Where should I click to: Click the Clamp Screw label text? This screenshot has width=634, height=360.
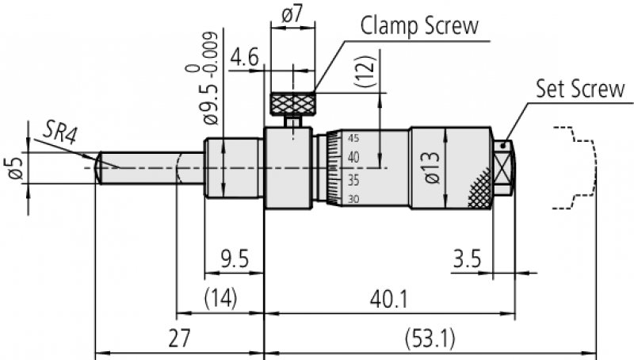click(420, 25)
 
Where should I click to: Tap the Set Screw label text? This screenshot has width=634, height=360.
click(580, 88)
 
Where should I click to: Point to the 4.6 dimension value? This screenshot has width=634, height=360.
click(244, 59)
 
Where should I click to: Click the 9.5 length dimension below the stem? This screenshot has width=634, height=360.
click(233, 259)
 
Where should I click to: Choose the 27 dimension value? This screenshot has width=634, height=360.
click(179, 339)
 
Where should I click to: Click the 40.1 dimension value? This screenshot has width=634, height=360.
click(388, 299)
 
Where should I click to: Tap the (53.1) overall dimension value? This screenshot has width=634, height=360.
click(430, 339)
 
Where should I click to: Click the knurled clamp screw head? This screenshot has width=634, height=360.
click(294, 104)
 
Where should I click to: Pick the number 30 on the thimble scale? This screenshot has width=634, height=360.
click(352, 199)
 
